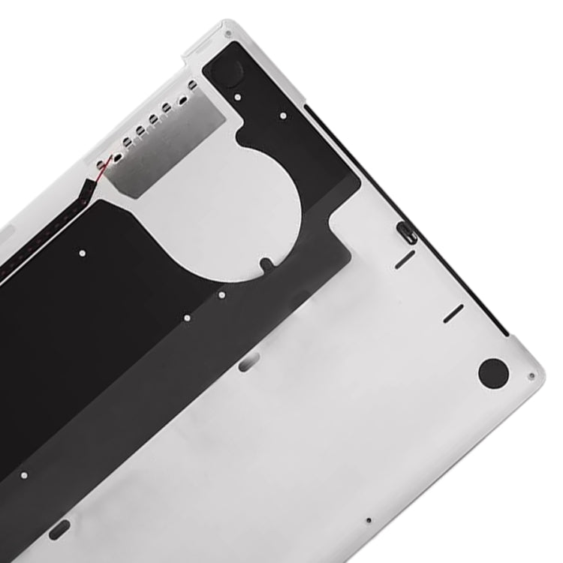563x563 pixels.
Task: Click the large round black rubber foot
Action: pos(492,373)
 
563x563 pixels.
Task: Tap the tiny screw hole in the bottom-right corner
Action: pos(531,377)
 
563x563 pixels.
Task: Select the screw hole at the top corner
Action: pos(227,32)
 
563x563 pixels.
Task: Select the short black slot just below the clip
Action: pos(405,259)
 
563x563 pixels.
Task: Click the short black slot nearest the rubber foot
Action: pos(453,314)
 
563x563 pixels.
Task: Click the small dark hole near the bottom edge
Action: pos(368,520)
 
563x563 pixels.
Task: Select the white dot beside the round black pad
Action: pos(237,97)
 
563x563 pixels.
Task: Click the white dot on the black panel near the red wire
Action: pos(82,253)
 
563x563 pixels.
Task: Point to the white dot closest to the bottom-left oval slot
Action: pos(23,475)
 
